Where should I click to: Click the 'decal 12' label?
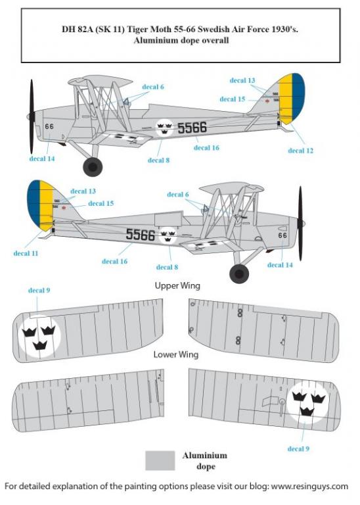click(300, 151)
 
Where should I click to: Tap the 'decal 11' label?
click(26, 253)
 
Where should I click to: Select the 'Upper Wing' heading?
click(177, 285)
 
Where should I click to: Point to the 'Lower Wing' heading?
click(175, 354)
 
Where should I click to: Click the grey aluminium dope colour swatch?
click(160, 460)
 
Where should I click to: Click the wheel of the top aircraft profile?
click(93, 166)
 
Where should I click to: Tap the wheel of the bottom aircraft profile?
click(239, 274)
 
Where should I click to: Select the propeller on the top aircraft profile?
click(32, 116)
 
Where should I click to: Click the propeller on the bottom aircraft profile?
click(300, 223)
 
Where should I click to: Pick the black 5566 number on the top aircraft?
click(192, 128)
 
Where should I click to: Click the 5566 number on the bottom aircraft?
click(141, 235)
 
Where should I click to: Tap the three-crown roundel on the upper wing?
click(39, 335)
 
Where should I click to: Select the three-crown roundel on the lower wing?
click(307, 402)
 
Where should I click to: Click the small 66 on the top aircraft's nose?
click(49, 126)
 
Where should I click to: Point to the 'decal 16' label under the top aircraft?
click(206, 148)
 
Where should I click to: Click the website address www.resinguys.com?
click(309, 486)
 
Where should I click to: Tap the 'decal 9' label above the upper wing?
click(39, 290)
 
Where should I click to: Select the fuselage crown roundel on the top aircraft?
click(164, 128)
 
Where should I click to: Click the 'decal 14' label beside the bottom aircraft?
click(280, 265)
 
